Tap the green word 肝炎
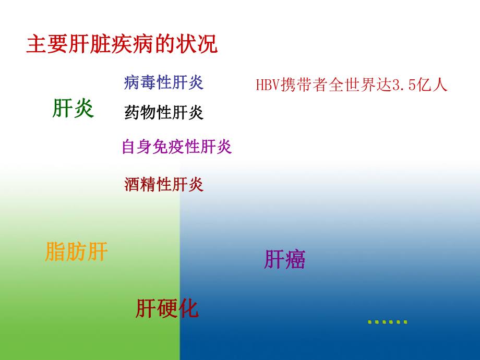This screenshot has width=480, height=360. click(73, 109)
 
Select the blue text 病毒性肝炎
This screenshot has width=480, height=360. click(164, 82)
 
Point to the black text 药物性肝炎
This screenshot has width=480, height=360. click(164, 112)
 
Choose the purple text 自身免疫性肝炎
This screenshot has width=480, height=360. click(176, 147)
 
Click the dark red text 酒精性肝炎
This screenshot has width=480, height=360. click(164, 184)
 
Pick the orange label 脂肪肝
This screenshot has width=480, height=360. click(77, 252)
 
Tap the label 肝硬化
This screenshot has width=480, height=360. click(167, 308)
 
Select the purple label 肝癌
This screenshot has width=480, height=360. click(284, 259)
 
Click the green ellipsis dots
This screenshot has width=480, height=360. click(387, 321)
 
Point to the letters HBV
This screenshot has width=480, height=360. click(268, 86)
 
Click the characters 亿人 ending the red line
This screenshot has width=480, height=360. click(432, 86)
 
